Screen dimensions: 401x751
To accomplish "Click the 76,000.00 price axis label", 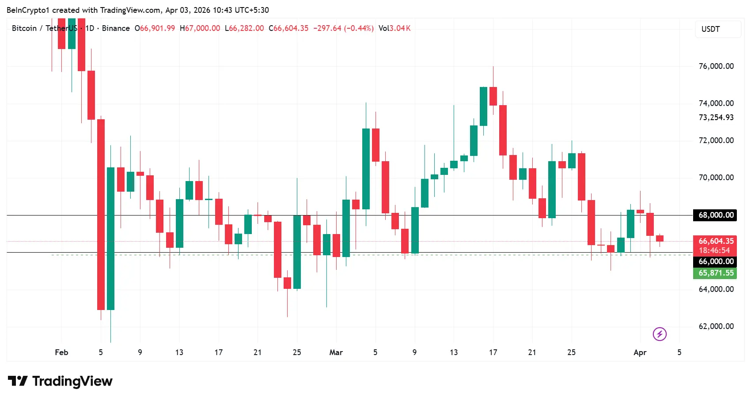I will click(x=716, y=66).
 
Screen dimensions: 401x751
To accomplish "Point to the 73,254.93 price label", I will click(x=716, y=117).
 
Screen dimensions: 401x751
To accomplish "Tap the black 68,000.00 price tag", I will click(x=715, y=215).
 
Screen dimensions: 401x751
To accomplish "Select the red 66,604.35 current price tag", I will click(x=715, y=241).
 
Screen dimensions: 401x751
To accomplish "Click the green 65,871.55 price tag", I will click(x=715, y=273).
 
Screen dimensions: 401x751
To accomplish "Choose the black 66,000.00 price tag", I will click(x=715, y=261).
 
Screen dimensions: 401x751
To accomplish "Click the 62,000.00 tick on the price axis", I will click(x=716, y=326).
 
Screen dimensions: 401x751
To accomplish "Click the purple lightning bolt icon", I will click(x=660, y=334).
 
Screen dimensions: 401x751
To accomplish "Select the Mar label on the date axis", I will click(x=336, y=352).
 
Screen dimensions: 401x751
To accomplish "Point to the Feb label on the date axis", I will click(x=61, y=352).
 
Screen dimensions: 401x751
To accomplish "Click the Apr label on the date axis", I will click(x=640, y=352).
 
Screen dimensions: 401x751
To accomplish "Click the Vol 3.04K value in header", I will click(x=394, y=28).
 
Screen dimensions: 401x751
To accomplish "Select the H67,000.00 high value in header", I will click(x=200, y=28).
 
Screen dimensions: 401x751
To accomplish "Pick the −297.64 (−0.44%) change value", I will click(x=343, y=28).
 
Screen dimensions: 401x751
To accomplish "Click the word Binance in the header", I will click(x=116, y=28).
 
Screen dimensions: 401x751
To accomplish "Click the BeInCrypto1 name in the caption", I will click(x=28, y=10).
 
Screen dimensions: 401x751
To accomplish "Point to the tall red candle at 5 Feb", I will click(x=101, y=214).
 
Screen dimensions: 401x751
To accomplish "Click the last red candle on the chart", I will click(x=660, y=238).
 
